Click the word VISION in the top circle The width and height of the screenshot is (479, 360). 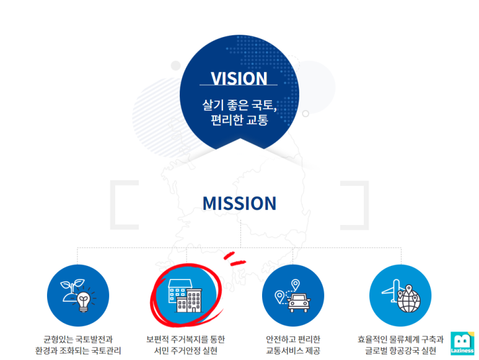pyautogui.click(x=239, y=79)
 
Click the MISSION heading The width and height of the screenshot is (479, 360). pyautogui.click(x=239, y=203)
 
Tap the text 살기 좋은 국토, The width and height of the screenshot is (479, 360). pyautogui.click(x=239, y=105)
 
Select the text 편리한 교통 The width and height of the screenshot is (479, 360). pyautogui.click(x=239, y=120)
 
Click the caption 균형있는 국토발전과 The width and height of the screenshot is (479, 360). pyautogui.click(x=78, y=340)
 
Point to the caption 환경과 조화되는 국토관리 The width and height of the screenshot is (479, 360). pyautogui.click(x=78, y=351)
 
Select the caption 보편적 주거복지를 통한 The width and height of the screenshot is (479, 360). pyautogui.click(x=185, y=340)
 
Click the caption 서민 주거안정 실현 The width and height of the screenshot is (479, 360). pyautogui.click(x=185, y=351)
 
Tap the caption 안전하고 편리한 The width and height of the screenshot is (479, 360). pyautogui.click(x=292, y=340)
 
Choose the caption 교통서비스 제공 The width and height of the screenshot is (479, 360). pyautogui.click(x=292, y=351)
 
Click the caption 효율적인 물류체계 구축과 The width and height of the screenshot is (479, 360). pyautogui.click(x=400, y=340)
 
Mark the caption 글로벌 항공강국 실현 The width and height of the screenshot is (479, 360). pyautogui.click(x=400, y=351)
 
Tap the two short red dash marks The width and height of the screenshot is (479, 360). pyautogui.click(x=233, y=258)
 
